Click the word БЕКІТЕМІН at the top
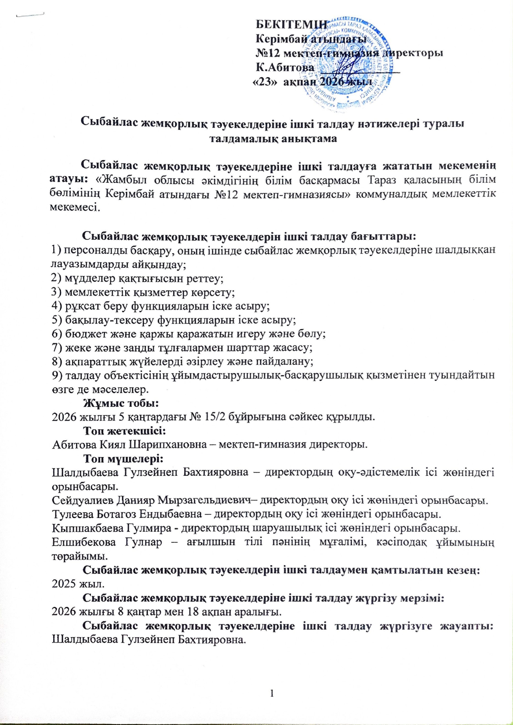(x=291, y=25)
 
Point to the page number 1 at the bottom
(x=272, y=693)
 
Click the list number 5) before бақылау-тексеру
(x=56, y=319)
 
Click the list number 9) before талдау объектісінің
(x=56, y=375)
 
